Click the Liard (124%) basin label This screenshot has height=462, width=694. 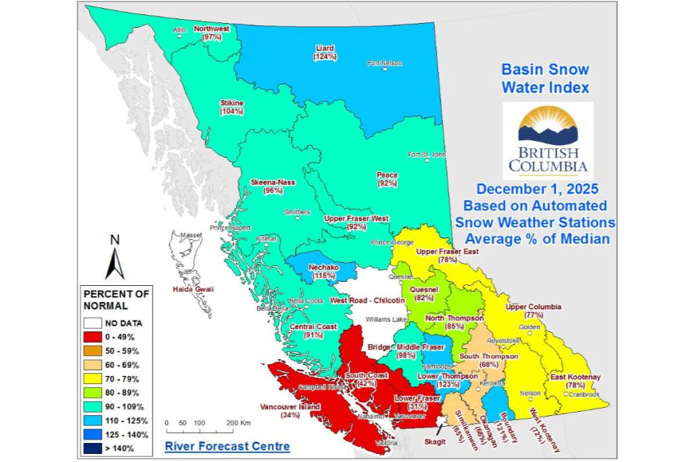(325, 52)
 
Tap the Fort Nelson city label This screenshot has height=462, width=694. (385, 63)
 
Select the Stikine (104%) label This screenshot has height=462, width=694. (231, 107)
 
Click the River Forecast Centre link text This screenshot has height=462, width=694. (227, 446)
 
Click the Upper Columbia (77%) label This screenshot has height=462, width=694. (533, 311)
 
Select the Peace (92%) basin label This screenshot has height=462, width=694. (387, 179)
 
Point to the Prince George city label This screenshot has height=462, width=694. (392, 243)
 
